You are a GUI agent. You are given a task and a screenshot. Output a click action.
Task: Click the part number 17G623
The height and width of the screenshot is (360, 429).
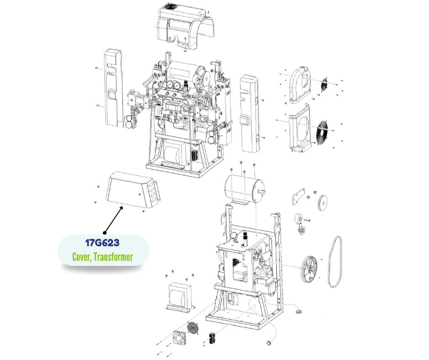point(102,243)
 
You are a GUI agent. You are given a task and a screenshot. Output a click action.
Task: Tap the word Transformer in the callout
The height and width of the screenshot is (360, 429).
point(113,257)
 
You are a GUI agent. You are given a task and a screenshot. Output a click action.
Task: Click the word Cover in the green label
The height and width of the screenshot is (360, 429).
point(81,257)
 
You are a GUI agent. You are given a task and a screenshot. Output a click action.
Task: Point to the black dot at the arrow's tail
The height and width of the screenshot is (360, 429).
point(105,233)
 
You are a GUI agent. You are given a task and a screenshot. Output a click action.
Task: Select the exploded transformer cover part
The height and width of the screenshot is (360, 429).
point(133,190)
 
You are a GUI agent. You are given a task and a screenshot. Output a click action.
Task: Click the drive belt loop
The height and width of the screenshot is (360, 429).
point(335,262)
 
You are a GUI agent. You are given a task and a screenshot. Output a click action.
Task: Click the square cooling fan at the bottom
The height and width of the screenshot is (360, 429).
point(179,338)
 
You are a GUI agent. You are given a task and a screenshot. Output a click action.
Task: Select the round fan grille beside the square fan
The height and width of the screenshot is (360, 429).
point(193,328)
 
